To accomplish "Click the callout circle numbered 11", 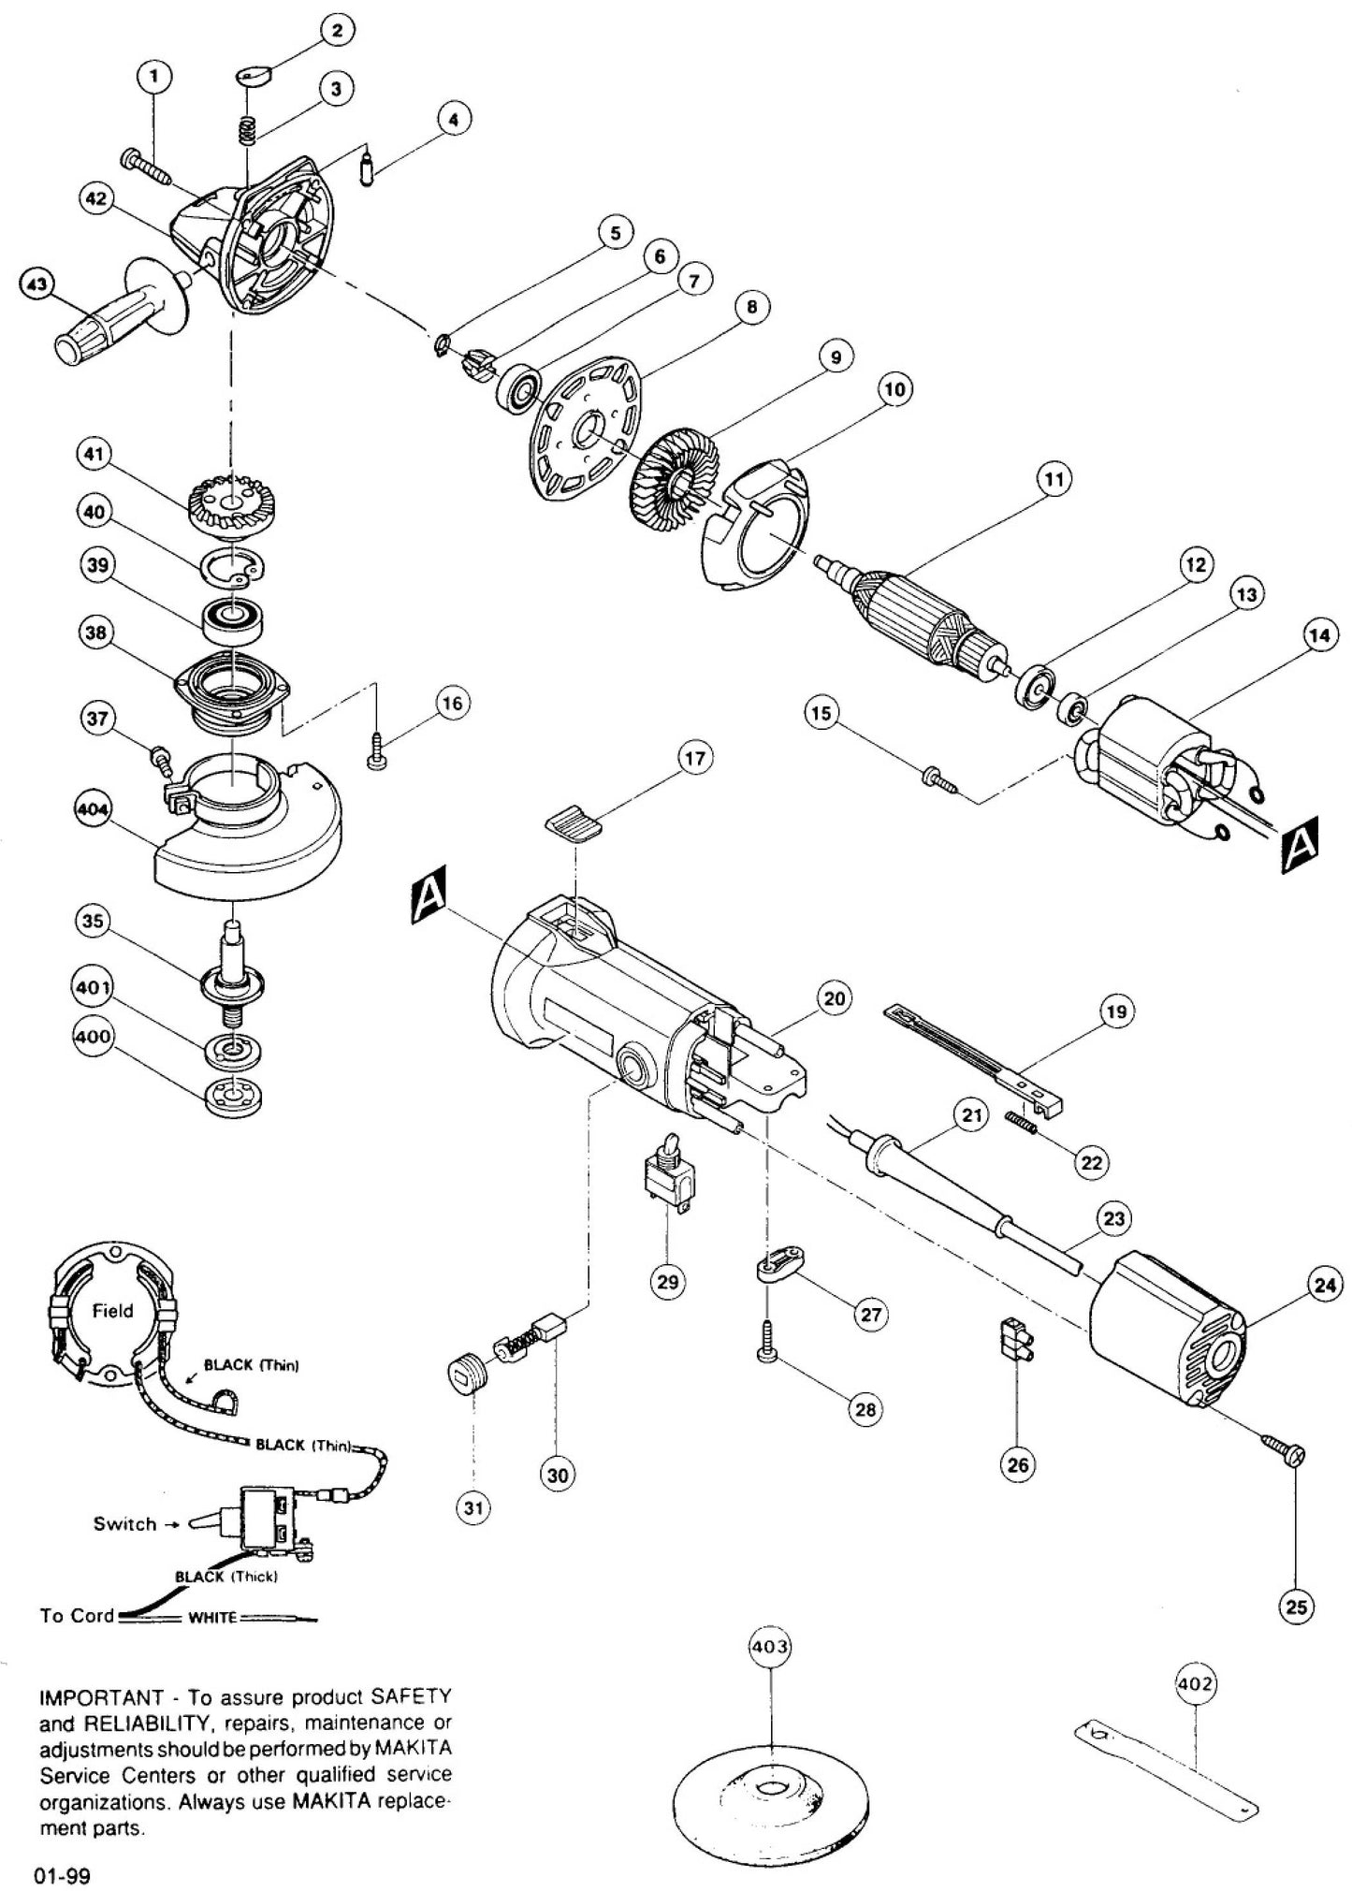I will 1054,480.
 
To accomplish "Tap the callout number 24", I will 1324,1285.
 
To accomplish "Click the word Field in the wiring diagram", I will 112,1311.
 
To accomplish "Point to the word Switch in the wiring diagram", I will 124,1524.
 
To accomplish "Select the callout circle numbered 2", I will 336,31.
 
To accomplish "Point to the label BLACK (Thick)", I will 226,1576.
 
